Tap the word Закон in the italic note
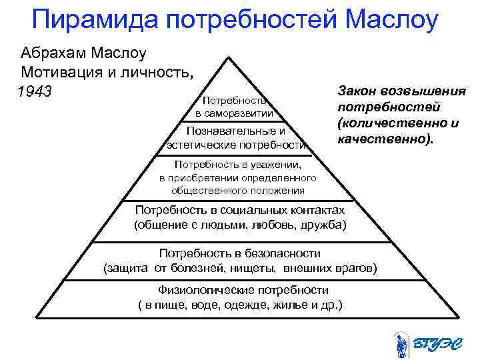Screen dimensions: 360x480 [x=358, y=91]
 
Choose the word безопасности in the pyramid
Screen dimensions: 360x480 [x=280, y=254]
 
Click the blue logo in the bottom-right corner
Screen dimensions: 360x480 [x=419, y=343]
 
